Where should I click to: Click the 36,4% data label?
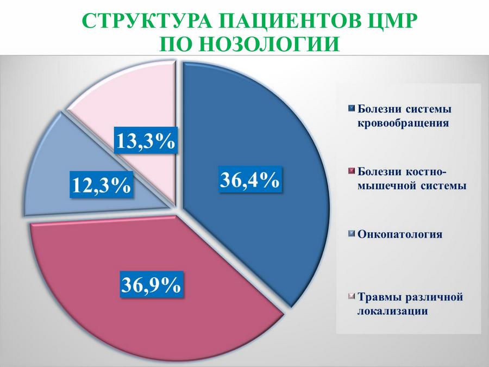coord(249,180)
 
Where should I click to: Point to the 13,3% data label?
coord(146,141)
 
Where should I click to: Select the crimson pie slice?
coord(150,281)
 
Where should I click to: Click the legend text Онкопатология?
coord(400,234)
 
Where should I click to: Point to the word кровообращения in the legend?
coord(403,123)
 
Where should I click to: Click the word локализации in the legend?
coord(392,311)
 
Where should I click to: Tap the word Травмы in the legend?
coord(379,297)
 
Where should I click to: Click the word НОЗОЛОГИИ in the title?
coord(269,43)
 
